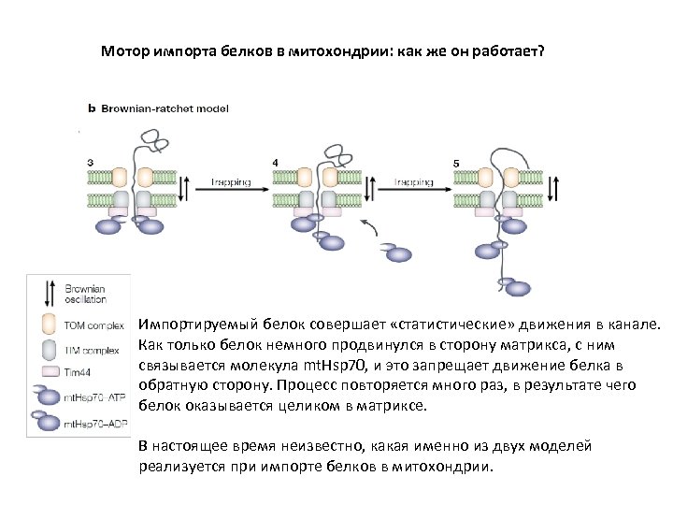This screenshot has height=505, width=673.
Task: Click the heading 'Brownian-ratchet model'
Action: [x=164, y=108]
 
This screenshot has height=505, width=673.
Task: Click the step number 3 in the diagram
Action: [x=90, y=164]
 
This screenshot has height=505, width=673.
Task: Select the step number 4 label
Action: [x=275, y=164]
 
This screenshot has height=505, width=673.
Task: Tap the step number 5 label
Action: [x=456, y=164]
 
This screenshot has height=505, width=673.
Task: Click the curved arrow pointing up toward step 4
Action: [x=371, y=227]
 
